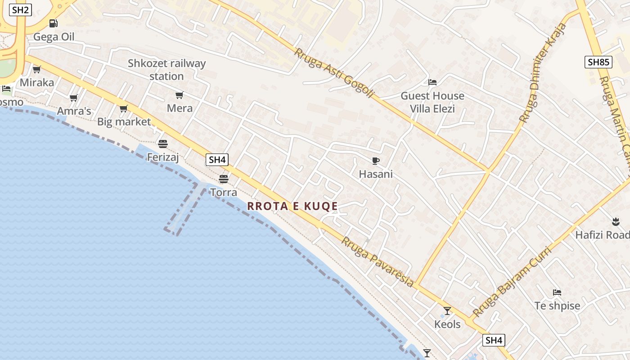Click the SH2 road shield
tap(20, 9)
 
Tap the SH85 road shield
tap(598, 62)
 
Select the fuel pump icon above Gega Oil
tap(54, 23)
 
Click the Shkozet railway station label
tap(166, 70)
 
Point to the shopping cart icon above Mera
tap(180, 95)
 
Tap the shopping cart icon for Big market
tap(124, 108)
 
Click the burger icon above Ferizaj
tap(163, 144)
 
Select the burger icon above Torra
tap(224, 179)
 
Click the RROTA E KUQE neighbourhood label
tap(292, 206)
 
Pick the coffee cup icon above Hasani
tap(376, 161)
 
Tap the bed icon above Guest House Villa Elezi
tap(432, 82)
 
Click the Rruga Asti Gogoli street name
tap(334, 73)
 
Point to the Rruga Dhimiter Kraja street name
tap(544, 72)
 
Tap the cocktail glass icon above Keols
tap(447, 311)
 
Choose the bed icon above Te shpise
tap(557, 292)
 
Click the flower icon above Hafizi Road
tap(615, 221)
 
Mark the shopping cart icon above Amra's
tap(74, 98)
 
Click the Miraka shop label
tap(37, 82)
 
